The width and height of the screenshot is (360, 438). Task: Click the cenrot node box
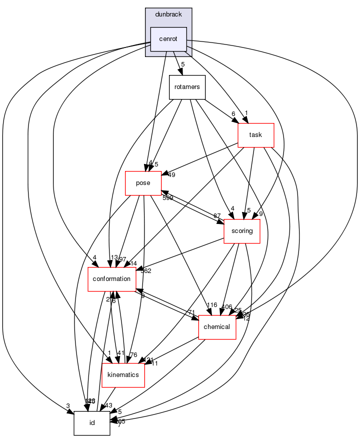168,39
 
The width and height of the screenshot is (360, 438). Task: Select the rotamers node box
187,87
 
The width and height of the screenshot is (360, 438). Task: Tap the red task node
255,135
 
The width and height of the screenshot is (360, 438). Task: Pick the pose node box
143,183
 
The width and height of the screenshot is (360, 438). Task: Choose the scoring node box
241,231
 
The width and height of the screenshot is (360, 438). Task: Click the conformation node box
112,279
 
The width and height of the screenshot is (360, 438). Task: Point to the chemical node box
217,327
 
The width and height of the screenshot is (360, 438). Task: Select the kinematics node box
123,375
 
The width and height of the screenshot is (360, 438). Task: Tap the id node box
91,423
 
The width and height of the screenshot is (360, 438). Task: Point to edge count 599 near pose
168,198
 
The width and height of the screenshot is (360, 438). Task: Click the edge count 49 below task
172,175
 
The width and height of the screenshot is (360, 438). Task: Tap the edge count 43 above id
108,405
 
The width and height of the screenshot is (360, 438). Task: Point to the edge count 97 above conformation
122,259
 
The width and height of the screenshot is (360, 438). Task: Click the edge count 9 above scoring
260,214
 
